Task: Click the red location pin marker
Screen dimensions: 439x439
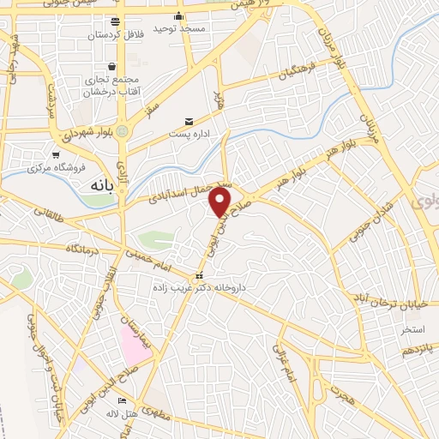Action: coord(220,202)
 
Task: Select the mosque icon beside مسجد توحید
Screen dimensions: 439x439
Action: coord(178,15)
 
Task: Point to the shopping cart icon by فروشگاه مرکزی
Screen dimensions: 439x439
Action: coord(56,155)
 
